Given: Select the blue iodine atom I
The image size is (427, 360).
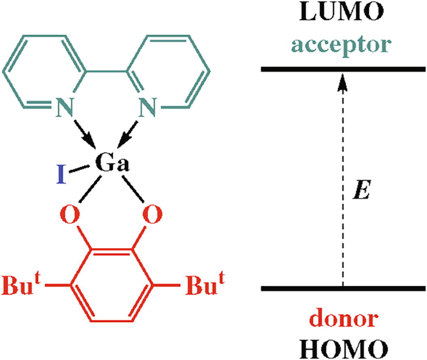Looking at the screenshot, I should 62,175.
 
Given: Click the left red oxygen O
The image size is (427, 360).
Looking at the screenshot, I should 71,215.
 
